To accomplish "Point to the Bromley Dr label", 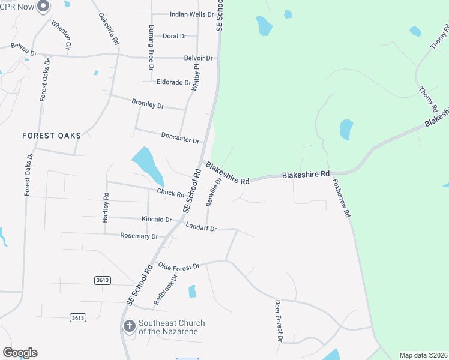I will [148, 103].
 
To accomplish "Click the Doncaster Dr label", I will [180, 137].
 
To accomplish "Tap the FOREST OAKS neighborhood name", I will [52, 136].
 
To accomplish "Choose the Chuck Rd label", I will [170, 193].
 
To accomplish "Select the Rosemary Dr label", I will [139, 236].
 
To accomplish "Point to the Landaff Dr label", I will [200, 227].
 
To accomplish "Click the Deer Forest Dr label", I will [278, 321].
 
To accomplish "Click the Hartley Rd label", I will [106, 208].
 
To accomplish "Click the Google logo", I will [20, 353].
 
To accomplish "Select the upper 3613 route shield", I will [103, 280].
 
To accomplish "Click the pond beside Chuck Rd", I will [147, 165].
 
